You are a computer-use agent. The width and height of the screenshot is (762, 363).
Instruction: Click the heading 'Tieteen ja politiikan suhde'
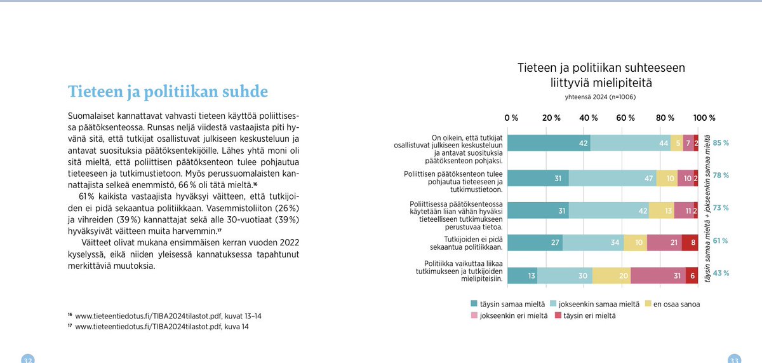click(x=168, y=92)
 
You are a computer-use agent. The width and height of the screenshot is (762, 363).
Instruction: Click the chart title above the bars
click(x=600, y=75)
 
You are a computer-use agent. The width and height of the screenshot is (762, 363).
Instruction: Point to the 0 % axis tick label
click(x=511, y=118)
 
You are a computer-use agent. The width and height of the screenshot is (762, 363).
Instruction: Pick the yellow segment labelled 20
click(x=612, y=275)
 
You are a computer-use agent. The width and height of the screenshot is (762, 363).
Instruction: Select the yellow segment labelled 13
click(x=661, y=210)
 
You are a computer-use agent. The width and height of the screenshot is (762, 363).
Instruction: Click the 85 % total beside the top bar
click(x=721, y=143)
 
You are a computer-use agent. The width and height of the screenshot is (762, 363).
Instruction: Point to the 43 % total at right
click(x=721, y=274)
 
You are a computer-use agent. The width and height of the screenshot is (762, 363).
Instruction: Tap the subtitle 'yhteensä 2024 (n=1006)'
click(x=600, y=98)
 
